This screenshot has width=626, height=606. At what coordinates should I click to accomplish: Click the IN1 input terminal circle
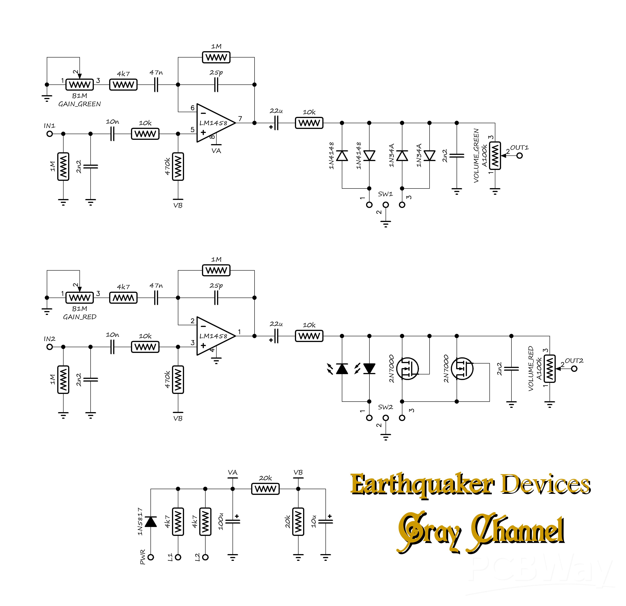click(x=49, y=134)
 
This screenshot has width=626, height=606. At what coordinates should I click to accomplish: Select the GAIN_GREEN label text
click(x=79, y=104)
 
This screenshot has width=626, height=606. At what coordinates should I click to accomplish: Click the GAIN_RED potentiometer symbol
click(x=79, y=298)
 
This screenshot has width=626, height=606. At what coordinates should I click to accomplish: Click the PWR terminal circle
click(x=151, y=557)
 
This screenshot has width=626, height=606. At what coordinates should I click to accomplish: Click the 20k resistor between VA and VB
click(x=265, y=489)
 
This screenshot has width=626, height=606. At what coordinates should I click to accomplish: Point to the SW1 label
click(x=385, y=194)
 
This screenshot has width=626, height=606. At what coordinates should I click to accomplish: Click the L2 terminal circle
click(x=205, y=557)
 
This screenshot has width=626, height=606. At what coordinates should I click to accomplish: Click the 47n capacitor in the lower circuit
click(x=156, y=298)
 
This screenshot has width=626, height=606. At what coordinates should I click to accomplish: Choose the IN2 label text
click(x=49, y=339)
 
